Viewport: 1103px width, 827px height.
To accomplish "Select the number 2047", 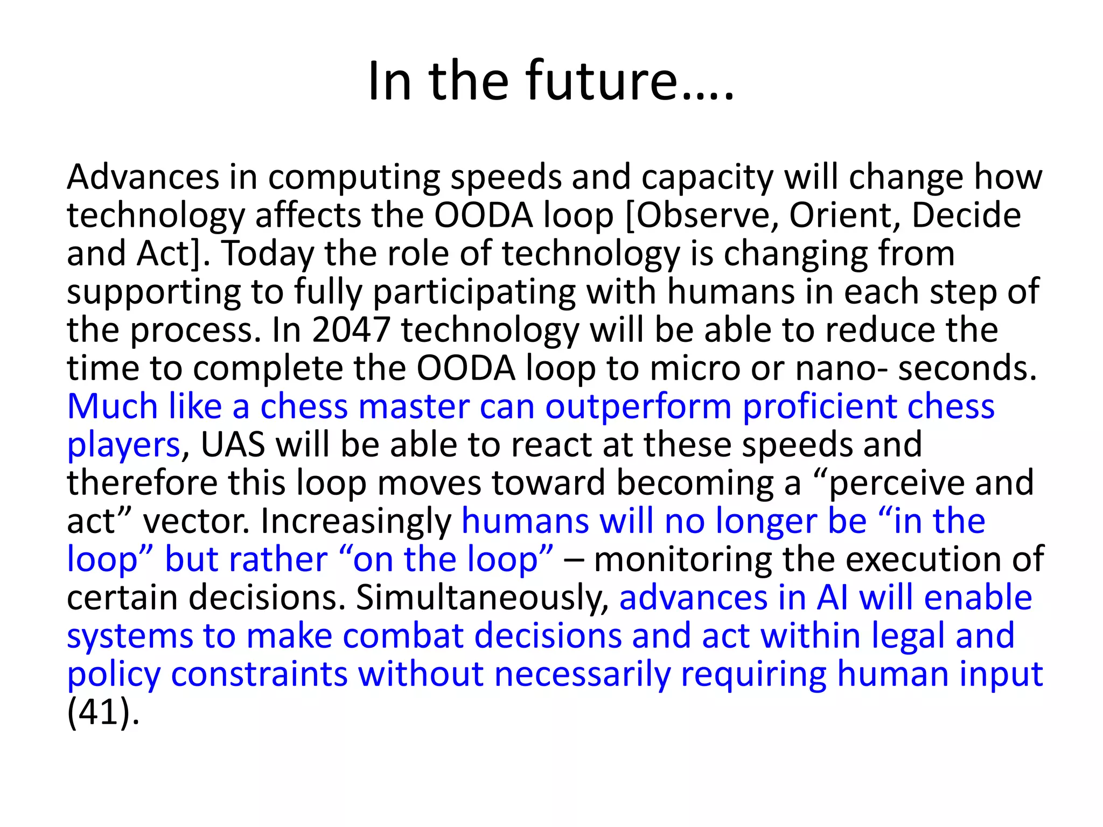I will (351, 330).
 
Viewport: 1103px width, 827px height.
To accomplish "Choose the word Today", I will (268, 254).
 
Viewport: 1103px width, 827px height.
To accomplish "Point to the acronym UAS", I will (233, 445).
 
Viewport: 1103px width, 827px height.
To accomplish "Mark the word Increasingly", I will (356, 521).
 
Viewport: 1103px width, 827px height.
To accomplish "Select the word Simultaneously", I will (483, 598).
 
